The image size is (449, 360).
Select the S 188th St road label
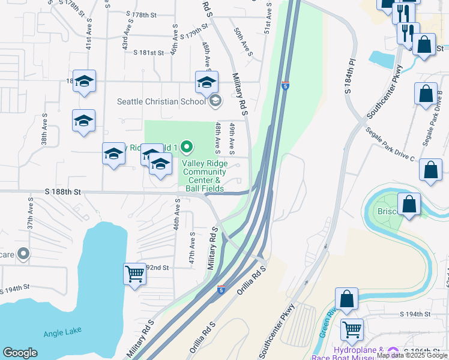pyautogui.click(x=62, y=192)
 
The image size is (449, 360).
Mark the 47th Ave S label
pyautogui.click(x=193, y=248)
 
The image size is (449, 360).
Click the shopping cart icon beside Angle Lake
pyautogui.click(x=135, y=274)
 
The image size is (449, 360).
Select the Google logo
pyautogui.click(x=20, y=353)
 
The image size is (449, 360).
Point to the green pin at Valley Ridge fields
pyautogui.click(x=187, y=146)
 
